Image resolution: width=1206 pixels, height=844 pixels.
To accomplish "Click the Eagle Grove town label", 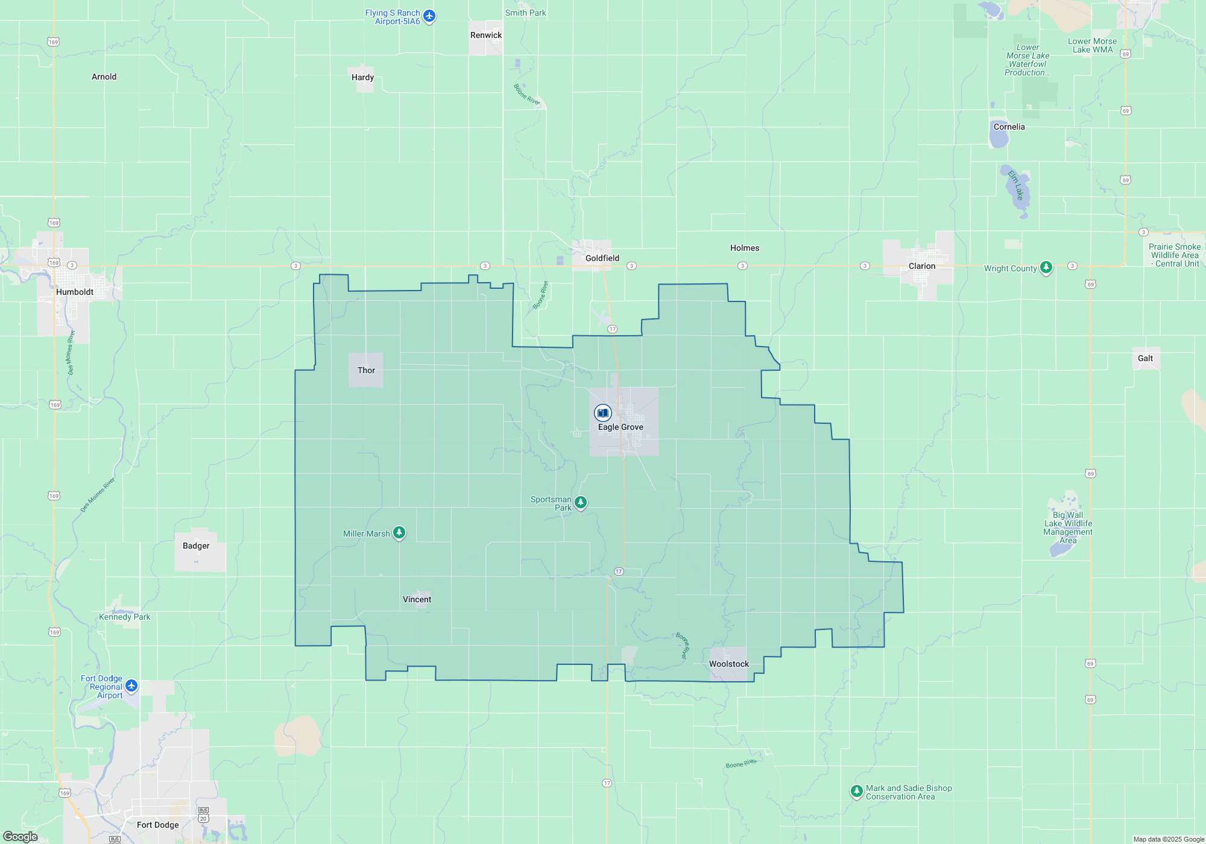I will pyautogui.click(x=620, y=427).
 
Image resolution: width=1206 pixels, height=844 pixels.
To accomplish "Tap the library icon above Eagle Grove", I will pyautogui.click(x=602, y=413).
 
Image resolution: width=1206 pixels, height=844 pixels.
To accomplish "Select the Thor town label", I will pyautogui.click(x=366, y=370).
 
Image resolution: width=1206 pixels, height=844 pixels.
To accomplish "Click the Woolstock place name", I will pyautogui.click(x=728, y=664).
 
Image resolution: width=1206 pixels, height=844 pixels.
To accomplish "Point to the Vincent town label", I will pyautogui.click(x=417, y=599).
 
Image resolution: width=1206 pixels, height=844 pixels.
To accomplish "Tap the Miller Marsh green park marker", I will pyautogui.click(x=399, y=532).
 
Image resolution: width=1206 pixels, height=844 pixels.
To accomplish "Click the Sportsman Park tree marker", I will pyautogui.click(x=580, y=502).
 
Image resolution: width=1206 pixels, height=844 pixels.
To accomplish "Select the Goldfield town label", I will pyautogui.click(x=602, y=258).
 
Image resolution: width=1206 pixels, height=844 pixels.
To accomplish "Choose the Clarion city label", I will pyautogui.click(x=921, y=266).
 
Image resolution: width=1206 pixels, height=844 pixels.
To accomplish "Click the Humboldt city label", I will pyautogui.click(x=75, y=292).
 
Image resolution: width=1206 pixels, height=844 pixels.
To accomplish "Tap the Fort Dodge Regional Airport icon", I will pyautogui.click(x=131, y=685).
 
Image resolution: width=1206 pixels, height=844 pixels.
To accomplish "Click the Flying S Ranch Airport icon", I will pyautogui.click(x=429, y=16).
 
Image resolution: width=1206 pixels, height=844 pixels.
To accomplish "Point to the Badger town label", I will pyautogui.click(x=196, y=546).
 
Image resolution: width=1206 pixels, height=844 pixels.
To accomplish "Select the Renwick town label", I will pyautogui.click(x=485, y=35).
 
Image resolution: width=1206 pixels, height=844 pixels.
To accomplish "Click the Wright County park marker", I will pyautogui.click(x=1046, y=267).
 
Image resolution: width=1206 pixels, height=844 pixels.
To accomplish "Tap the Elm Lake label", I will pyautogui.click(x=1016, y=185).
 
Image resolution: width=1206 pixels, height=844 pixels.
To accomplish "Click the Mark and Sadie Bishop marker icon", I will pyautogui.click(x=856, y=790).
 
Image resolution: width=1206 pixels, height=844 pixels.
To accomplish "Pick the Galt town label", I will pyautogui.click(x=1144, y=358).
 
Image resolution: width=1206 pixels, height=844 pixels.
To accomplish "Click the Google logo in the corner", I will pyautogui.click(x=21, y=836).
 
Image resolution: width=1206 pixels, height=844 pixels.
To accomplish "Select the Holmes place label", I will pyautogui.click(x=744, y=248).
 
